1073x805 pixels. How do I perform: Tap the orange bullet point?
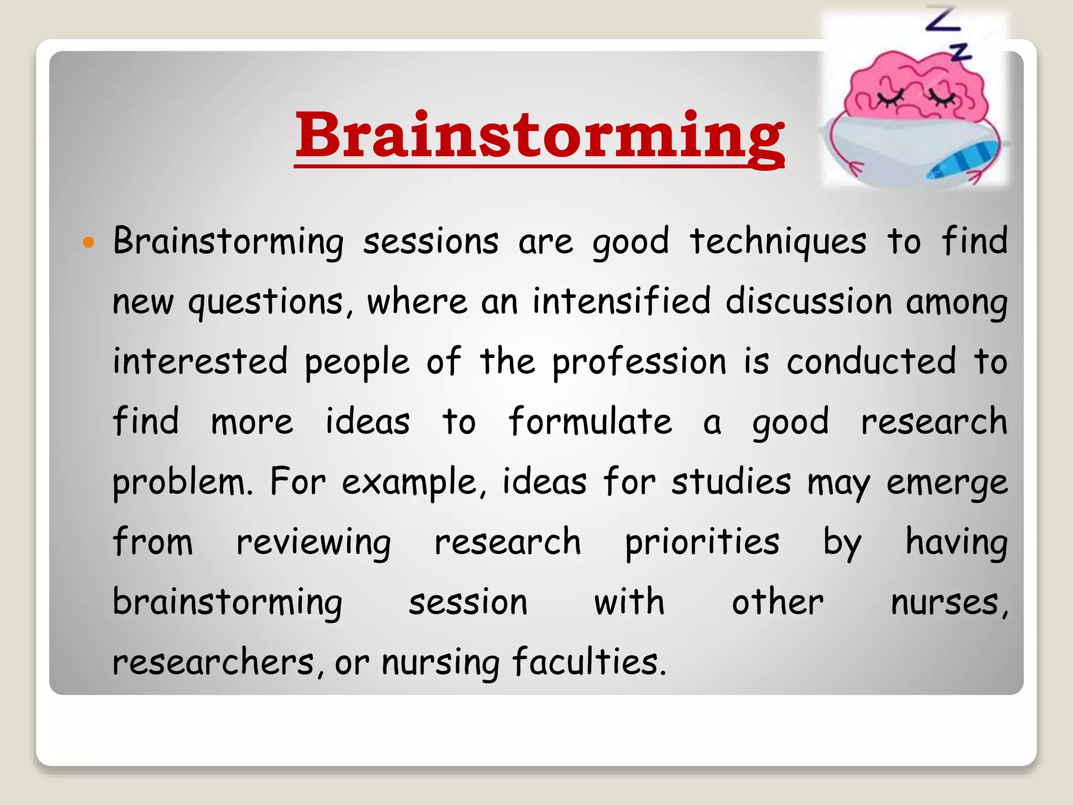click(x=89, y=242)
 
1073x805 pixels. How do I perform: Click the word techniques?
click(x=778, y=242)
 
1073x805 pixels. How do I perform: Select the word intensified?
click(x=621, y=302)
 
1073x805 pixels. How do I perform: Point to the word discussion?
click(x=808, y=302)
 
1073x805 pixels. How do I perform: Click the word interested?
click(x=200, y=362)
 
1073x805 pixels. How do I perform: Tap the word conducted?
click(x=871, y=362)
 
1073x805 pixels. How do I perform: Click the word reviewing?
click(x=313, y=543)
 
